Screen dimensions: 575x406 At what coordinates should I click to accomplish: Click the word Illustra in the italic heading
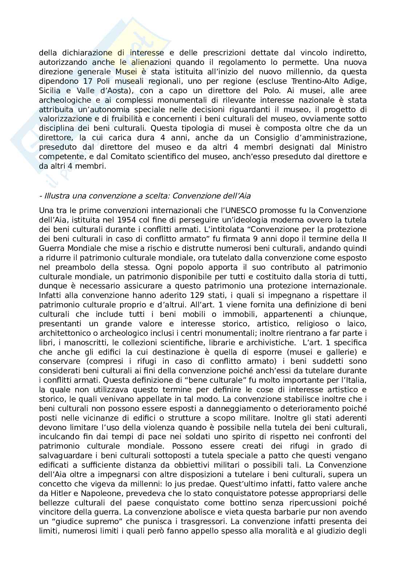56,196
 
